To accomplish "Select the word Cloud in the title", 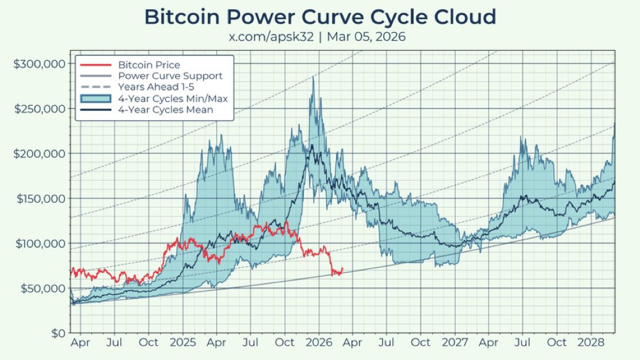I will [x=464, y=17].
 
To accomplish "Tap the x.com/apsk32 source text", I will [x=271, y=36].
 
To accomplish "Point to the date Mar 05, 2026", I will [x=366, y=36].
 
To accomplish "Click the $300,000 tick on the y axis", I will [x=39, y=63].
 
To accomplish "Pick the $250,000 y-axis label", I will [x=39, y=108].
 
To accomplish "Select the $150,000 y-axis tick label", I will [x=39, y=198].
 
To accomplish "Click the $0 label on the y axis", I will [x=57, y=333].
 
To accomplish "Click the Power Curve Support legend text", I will [x=170, y=76].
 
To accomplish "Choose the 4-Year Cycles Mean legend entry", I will [x=166, y=110].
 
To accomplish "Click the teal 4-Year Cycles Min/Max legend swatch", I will [x=96, y=99].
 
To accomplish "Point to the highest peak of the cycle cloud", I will [x=313, y=77].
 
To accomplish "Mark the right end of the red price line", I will [x=342, y=268].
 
